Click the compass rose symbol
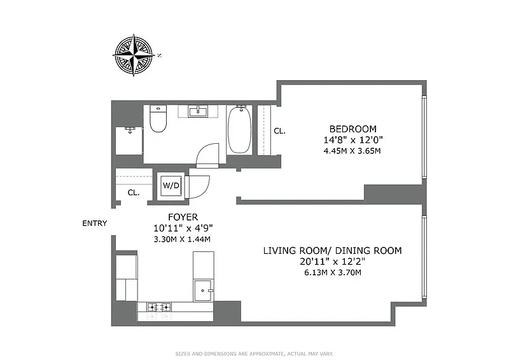tap(134, 55)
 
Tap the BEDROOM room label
tap(353, 129)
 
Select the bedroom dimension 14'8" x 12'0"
tap(353, 140)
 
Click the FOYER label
tap(183, 217)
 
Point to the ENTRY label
tap(94, 223)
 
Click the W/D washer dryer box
tap(171, 185)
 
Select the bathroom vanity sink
tap(199, 111)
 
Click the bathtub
tap(239, 129)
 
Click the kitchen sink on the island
tap(203, 290)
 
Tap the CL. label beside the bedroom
tap(279, 131)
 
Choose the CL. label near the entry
tap(134, 193)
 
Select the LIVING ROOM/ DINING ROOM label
tap(332, 251)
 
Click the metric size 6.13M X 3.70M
tap(332, 272)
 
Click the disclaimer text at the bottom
tap(254, 354)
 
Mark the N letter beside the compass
tap(159, 55)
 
